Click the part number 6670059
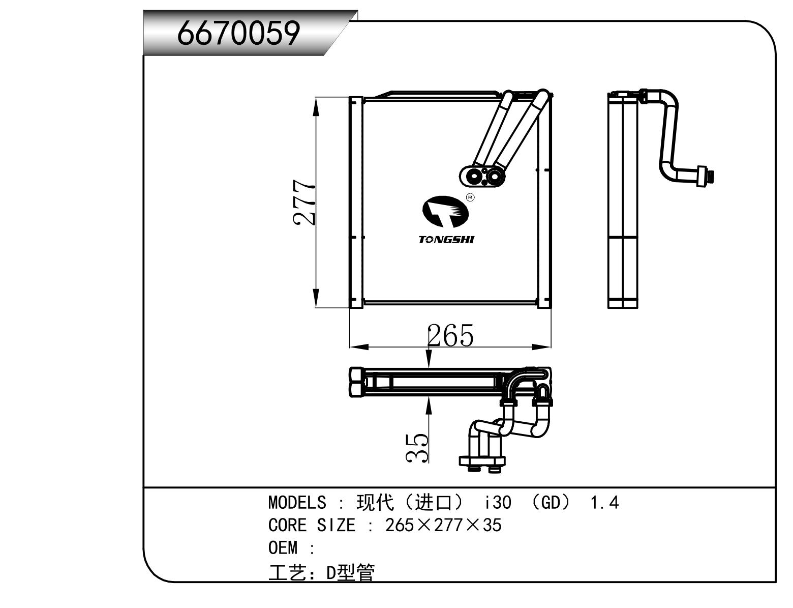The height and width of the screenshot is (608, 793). pyautogui.click(x=238, y=34)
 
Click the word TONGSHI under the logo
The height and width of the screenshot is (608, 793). pyautogui.click(x=446, y=240)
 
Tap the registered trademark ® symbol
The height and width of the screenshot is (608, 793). pyautogui.click(x=470, y=197)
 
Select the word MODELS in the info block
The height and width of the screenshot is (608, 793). pyautogui.click(x=297, y=503)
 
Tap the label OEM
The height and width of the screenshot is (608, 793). pyautogui.click(x=283, y=548)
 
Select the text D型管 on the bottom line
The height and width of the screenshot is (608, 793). pyautogui.click(x=350, y=573)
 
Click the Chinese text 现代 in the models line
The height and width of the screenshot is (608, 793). pyautogui.click(x=375, y=503)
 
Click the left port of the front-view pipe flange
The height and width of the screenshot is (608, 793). pyautogui.click(x=474, y=177)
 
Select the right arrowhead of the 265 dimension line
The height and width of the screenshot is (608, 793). pyautogui.click(x=542, y=347)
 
